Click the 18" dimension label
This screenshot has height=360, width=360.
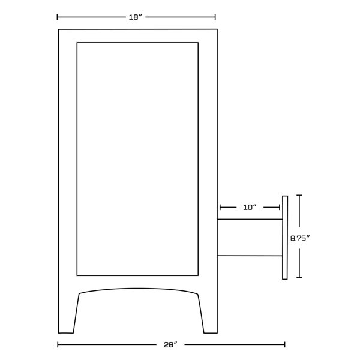[135, 17]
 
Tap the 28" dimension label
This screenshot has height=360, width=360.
[171, 345]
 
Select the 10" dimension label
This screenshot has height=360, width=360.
[250, 207]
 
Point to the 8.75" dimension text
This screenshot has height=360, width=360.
[299, 238]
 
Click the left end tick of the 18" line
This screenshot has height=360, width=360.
[58, 17]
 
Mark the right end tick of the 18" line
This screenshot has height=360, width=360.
[215, 17]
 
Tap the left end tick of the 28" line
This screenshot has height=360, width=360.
[58, 345]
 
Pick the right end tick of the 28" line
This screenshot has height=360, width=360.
[284, 345]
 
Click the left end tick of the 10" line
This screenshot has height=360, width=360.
[220, 207]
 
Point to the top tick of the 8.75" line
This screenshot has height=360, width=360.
[299, 196]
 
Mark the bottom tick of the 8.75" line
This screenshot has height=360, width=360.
[299, 278]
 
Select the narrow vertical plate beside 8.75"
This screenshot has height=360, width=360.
[285, 237]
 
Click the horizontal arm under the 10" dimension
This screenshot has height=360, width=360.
[249, 238]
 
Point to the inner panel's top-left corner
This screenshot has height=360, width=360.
[77, 43]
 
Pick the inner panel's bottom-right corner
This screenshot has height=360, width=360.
[198, 275]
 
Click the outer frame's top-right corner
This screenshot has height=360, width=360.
[217, 29]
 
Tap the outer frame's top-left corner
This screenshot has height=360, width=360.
[58, 29]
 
